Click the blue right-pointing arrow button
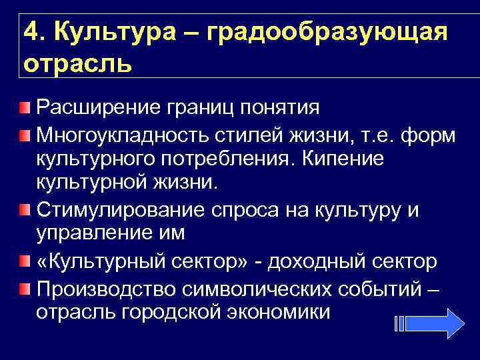pyautogui.click(x=441, y=325)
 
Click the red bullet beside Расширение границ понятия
pyautogui.click(x=24, y=107)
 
